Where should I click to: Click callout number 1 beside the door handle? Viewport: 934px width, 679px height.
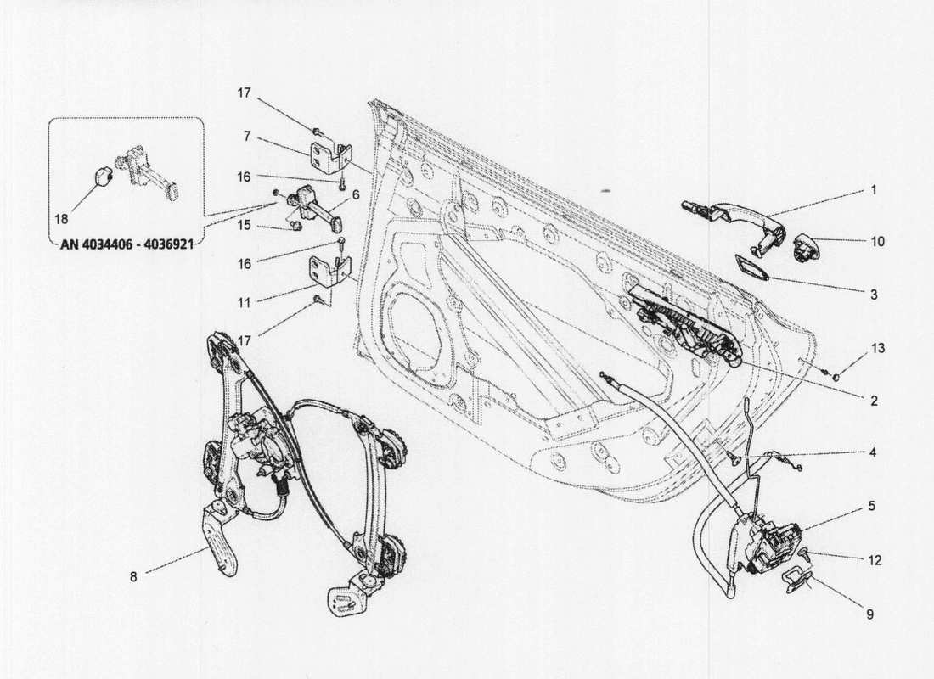[873, 191]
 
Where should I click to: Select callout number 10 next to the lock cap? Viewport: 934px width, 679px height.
[877, 242]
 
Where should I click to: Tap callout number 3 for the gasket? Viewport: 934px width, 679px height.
[874, 295]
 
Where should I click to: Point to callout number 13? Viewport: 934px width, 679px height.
[877, 350]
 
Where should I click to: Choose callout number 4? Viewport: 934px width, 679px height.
[873, 452]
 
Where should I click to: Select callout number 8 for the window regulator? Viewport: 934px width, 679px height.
[133, 577]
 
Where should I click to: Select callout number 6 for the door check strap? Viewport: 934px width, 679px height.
[356, 194]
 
